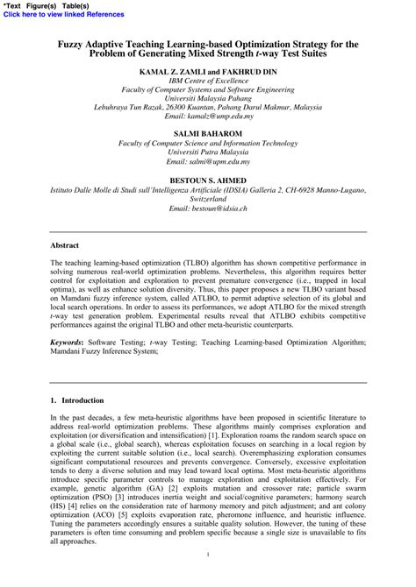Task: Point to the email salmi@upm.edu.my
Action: [x=208, y=162]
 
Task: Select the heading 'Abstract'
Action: [x=65, y=246]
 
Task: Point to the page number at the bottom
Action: [x=208, y=579]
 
